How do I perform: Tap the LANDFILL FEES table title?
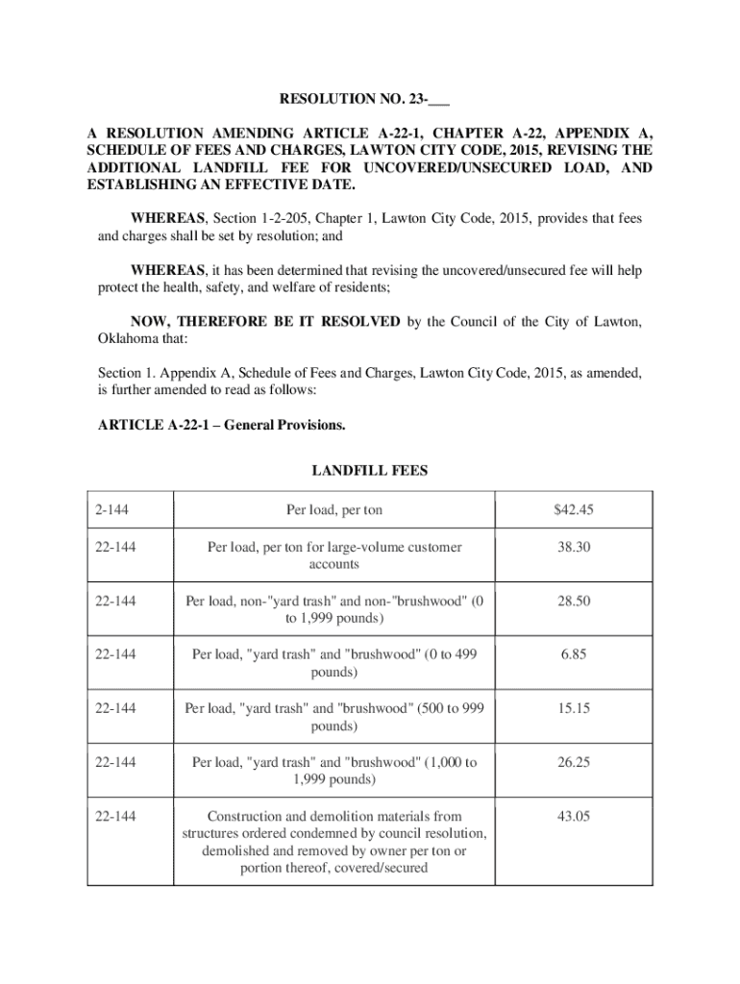370,471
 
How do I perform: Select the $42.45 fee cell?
573,509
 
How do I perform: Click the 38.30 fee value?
573,547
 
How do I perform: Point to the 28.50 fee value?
573,601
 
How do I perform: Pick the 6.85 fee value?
573,654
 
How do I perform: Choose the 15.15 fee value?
573,708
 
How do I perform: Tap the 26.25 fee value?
573,762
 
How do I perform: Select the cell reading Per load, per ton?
333,509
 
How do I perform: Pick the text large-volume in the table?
342,547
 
